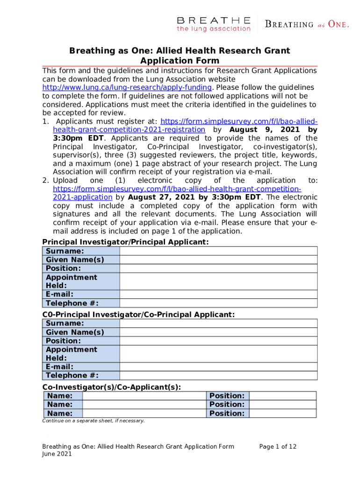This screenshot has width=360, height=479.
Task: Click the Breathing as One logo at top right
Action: click(307, 24)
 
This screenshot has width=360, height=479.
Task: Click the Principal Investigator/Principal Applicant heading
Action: click(125, 242)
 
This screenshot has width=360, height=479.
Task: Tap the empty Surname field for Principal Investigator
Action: click(218, 251)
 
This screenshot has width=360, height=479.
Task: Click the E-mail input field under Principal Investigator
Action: click(218, 294)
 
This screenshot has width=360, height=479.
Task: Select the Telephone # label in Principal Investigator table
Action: click(72, 303)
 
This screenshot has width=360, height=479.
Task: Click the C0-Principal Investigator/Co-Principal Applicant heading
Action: click(138, 314)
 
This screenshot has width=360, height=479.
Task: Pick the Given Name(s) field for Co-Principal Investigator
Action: click(218, 332)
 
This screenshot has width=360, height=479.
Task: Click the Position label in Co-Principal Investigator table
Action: click(63, 341)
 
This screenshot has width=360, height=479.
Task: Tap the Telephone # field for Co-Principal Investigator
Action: click(218, 375)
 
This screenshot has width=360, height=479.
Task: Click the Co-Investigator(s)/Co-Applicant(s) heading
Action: click(112, 387)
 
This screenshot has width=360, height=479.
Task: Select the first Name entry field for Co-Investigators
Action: click(144, 396)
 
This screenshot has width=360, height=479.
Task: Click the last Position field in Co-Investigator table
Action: click(283, 414)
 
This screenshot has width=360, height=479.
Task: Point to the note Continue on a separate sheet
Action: click(94, 421)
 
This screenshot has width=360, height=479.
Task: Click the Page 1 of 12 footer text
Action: click(278, 447)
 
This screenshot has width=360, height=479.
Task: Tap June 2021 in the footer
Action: click(57, 454)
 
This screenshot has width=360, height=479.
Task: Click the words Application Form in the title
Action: click(180, 61)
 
